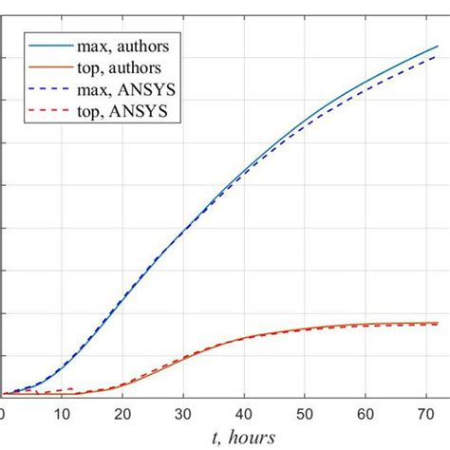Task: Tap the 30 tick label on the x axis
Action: click(183, 413)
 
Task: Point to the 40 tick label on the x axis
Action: click(244, 413)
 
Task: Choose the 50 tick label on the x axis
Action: click(305, 413)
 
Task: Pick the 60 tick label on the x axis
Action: click(366, 413)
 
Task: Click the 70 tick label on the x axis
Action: click(426, 413)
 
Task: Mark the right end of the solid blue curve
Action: click(438, 46)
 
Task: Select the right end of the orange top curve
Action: click(438, 323)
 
